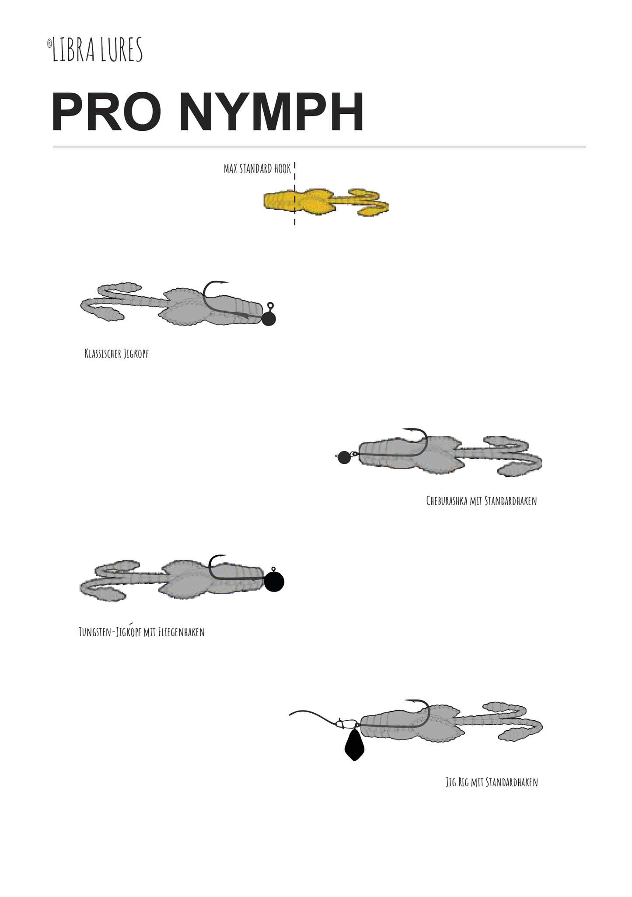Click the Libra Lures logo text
tap(98, 49)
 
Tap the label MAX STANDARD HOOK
tap(257, 169)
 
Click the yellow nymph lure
tap(326, 203)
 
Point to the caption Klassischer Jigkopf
tap(116, 354)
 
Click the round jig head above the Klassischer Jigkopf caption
tap(269, 319)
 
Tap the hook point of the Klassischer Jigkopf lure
tap(227, 282)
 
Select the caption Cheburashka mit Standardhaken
tap(482, 501)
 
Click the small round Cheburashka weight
tap(344, 457)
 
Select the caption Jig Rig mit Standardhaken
tap(492, 782)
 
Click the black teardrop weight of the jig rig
tap(354, 745)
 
